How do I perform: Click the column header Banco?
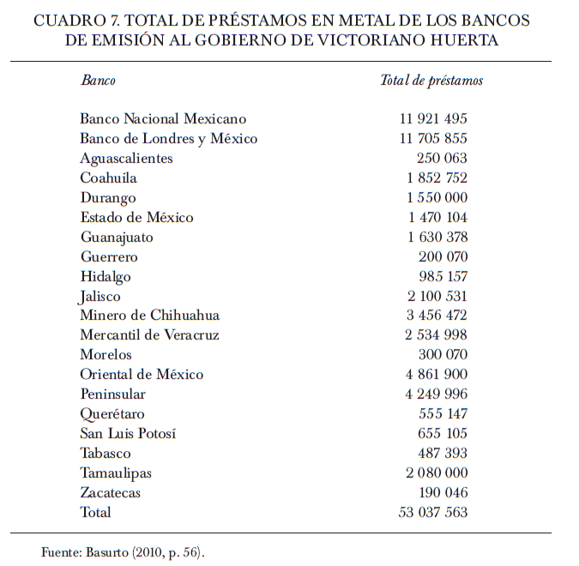98,81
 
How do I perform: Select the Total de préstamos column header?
431,81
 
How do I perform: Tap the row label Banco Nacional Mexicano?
163,119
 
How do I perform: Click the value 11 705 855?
433,139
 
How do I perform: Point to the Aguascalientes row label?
126,159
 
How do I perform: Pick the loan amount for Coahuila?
437,178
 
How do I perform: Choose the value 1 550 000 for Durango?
437,198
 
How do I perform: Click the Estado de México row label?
136,218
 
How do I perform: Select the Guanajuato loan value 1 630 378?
437,238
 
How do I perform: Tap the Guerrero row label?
109,257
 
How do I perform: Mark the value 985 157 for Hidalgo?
442,277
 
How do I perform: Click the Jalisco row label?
101,297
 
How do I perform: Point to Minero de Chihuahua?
150,316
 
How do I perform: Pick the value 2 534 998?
437,335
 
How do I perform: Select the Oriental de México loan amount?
437,375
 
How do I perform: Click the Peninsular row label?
112,394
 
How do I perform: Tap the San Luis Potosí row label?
128,434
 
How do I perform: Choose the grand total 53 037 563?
433,513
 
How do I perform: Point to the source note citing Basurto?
124,552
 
